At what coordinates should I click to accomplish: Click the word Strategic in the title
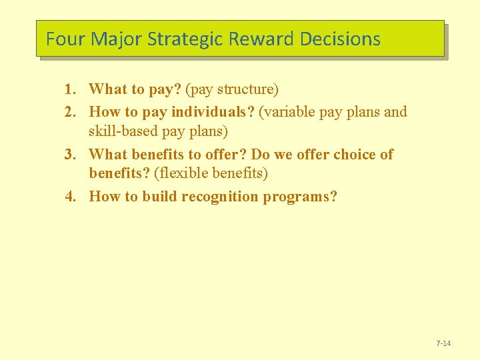click(185, 39)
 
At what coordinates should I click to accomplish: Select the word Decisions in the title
click(340, 39)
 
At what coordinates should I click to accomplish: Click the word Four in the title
click(66, 39)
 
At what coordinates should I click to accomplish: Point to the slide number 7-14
click(443, 343)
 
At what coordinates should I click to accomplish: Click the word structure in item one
click(246, 89)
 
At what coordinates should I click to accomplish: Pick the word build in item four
click(159, 197)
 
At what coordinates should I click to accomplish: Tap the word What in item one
click(107, 89)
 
